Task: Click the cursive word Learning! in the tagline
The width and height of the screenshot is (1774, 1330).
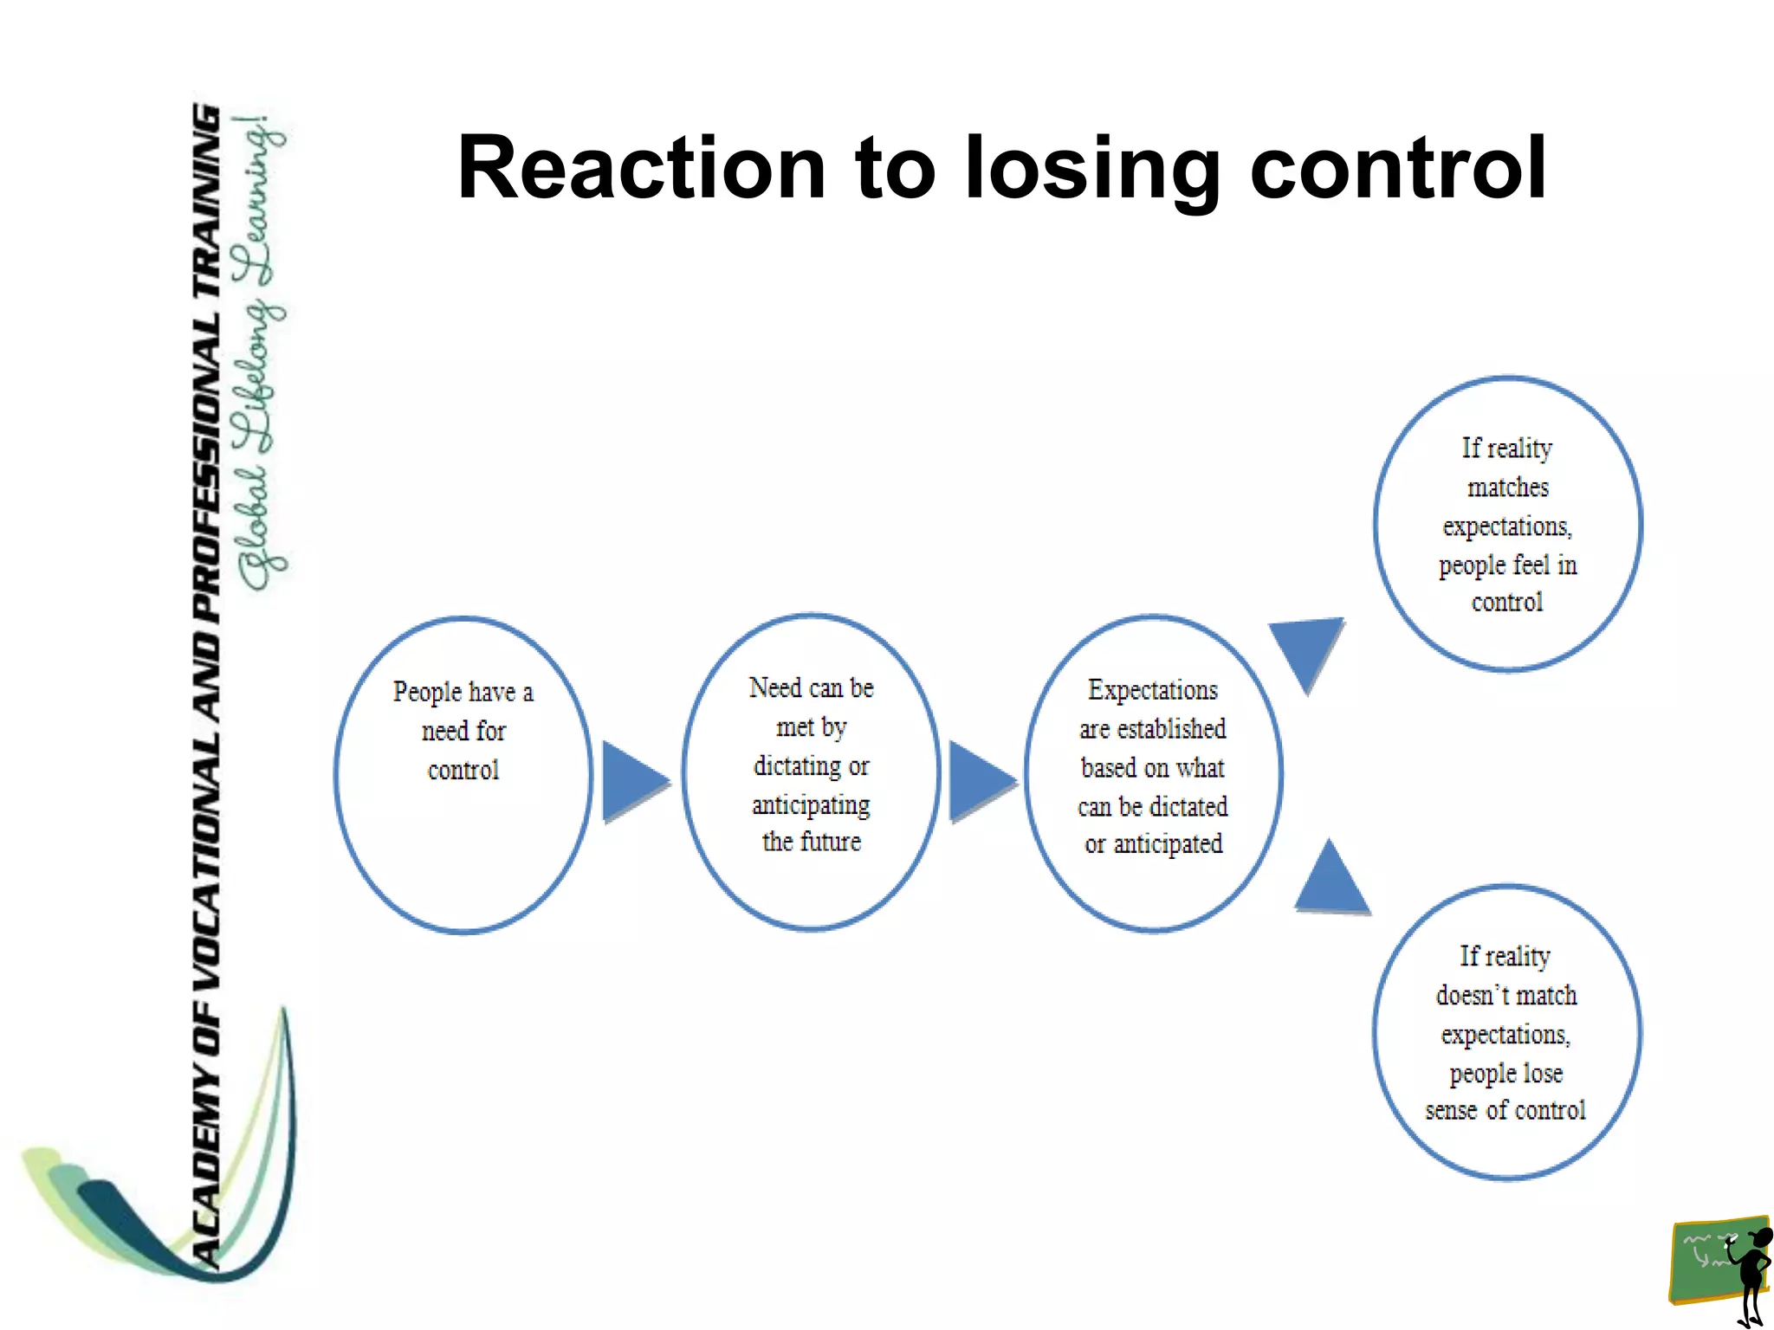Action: pos(260,203)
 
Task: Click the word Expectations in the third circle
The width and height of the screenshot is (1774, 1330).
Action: pos(1152,690)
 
